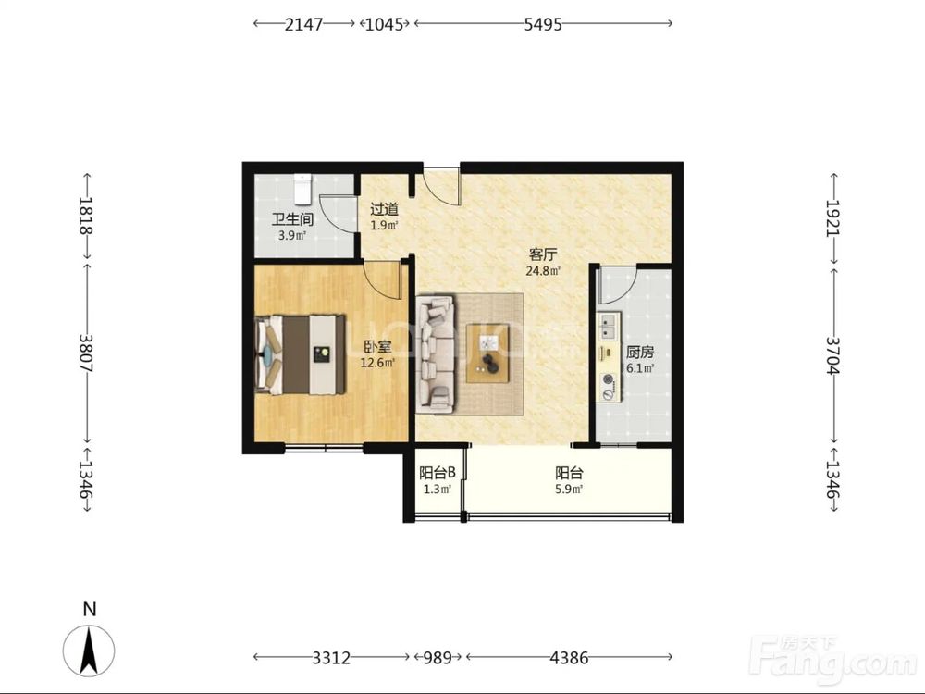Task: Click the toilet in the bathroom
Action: pos(302,189)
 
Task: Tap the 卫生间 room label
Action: pos(292,219)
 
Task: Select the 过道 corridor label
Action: pos(384,209)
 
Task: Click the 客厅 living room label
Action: pos(543,255)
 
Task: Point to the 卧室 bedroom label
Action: pos(377,348)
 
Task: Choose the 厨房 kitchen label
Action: pos(640,353)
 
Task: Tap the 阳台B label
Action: pos(438,473)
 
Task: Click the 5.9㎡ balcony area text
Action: pos(569,490)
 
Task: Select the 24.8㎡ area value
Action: pos(543,271)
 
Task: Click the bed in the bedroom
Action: pos(301,354)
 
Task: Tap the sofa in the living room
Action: pos(436,354)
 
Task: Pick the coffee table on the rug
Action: pos(487,353)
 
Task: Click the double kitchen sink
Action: pos(607,327)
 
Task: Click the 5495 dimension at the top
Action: pos(543,24)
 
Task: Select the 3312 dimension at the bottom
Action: pos(331,657)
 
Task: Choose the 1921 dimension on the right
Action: pos(833,217)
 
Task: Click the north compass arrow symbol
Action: pos(89,651)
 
